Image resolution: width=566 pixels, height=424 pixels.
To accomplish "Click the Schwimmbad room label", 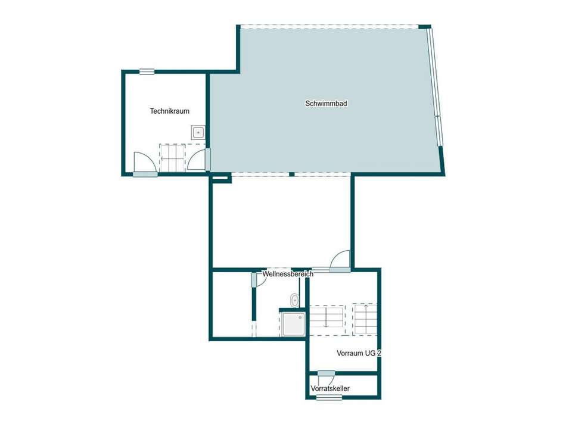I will (326, 103).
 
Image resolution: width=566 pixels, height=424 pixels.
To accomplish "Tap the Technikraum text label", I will (170, 111).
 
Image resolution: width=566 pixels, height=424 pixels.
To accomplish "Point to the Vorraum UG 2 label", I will (359, 353).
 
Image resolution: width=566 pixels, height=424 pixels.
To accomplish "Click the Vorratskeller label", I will (330, 388).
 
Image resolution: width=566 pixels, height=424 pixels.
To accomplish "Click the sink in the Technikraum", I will (198, 133).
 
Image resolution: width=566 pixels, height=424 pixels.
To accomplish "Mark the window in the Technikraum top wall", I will (147, 71).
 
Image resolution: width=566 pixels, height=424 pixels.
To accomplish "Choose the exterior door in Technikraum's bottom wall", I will (145, 174).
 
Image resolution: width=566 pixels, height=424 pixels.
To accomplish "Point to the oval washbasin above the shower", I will (294, 300).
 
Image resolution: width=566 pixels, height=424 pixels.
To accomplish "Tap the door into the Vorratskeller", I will (326, 373).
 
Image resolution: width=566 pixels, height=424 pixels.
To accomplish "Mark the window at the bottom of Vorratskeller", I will (329, 398).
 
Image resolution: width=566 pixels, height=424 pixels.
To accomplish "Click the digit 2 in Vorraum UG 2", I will (379, 353).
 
